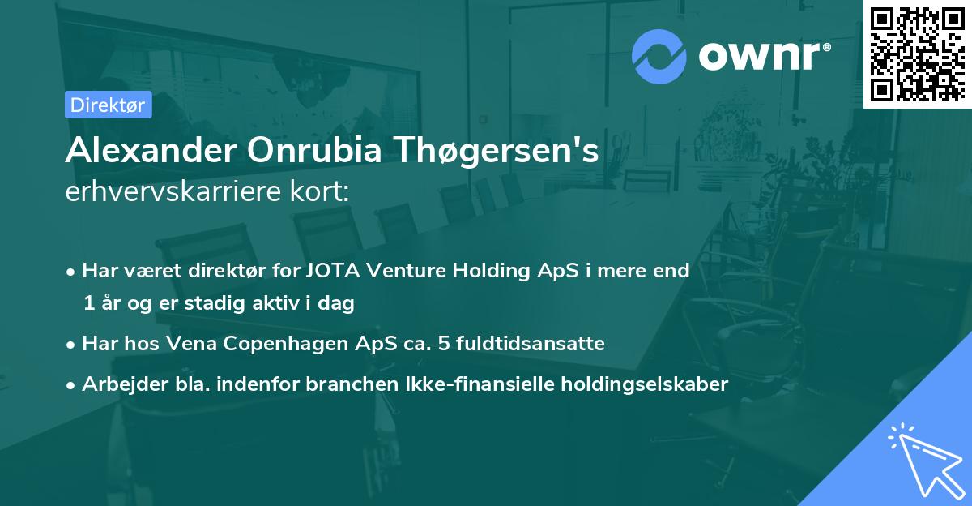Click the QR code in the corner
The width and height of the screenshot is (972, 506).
tap(917, 54)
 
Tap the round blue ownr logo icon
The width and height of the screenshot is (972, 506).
tap(659, 55)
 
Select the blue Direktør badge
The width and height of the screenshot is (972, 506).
tap(109, 105)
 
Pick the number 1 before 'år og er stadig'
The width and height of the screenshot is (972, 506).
tap(87, 303)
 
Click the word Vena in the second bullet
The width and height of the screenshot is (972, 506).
tap(187, 344)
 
